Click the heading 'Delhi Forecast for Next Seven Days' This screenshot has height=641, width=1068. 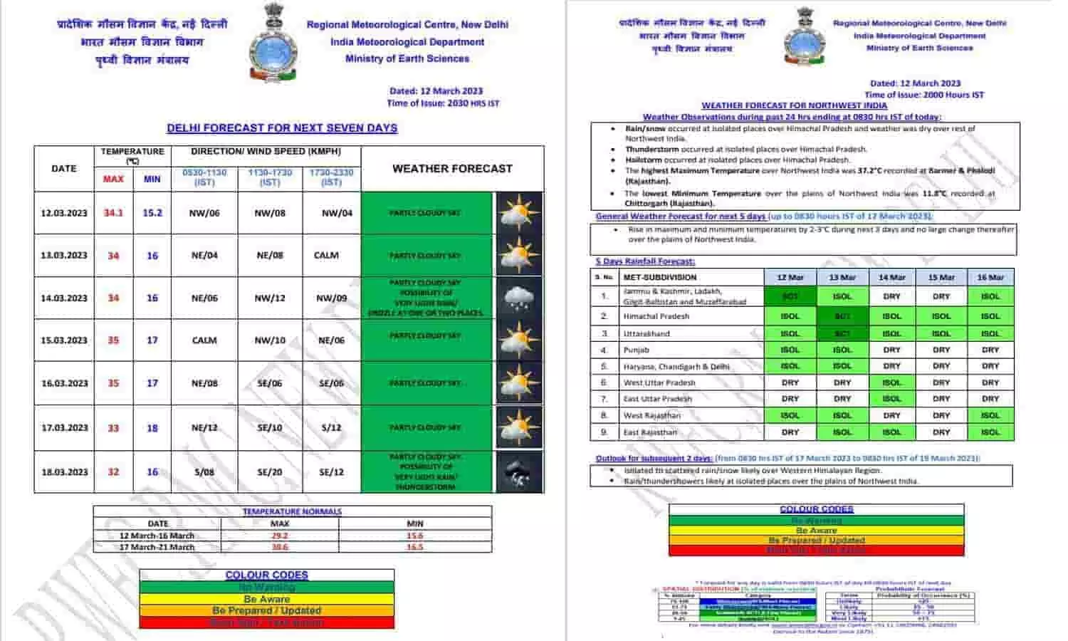(x=282, y=128)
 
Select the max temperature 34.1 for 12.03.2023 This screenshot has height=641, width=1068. (x=113, y=213)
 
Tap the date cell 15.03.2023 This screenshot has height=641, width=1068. (x=64, y=340)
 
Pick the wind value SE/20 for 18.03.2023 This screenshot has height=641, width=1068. (x=270, y=472)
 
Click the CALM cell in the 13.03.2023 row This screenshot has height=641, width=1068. (x=326, y=255)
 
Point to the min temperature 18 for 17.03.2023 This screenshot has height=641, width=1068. (x=152, y=428)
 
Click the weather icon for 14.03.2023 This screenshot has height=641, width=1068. (x=518, y=298)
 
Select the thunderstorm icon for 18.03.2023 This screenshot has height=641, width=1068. (x=518, y=472)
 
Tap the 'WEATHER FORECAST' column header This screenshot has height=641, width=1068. (x=452, y=169)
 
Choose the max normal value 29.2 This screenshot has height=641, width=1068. (x=279, y=536)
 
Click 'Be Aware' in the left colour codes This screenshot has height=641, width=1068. (x=266, y=599)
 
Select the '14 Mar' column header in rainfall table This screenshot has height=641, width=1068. (x=891, y=278)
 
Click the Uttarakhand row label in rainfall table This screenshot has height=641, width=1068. (x=647, y=333)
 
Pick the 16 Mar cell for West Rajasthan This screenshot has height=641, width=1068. (x=990, y=415)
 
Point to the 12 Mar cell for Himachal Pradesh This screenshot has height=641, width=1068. (x=790, y=316)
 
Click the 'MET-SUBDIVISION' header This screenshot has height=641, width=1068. (x=660, y=278)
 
